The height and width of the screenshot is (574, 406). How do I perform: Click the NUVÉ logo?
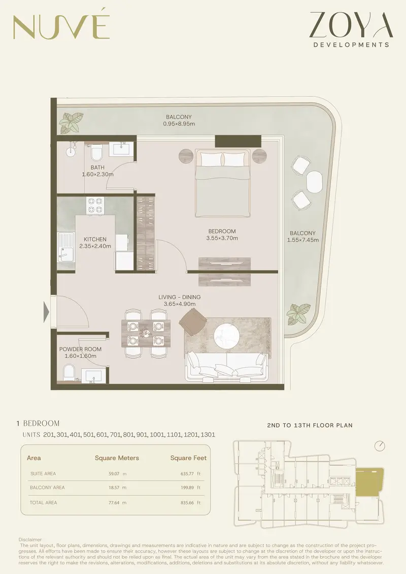[x=61, y=27]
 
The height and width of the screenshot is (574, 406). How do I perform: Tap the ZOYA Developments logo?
[x=351, y=29]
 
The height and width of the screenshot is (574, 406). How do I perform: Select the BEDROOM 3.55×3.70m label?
[x=222, y=234]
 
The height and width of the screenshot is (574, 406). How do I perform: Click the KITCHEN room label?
[x=95, y=239]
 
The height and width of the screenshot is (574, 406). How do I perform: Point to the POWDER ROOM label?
[x=80, y=349]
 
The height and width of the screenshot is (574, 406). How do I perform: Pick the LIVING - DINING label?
[x=179, y=297]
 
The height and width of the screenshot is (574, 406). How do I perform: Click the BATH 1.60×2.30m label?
[x=97, y=171]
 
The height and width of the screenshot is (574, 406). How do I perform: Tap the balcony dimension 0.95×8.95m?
[x=179, y=124]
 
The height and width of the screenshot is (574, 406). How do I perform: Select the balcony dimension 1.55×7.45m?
[x=302, y=240]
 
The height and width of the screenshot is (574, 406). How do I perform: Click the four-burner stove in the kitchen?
[x=95, y=206]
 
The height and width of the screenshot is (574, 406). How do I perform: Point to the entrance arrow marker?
[x=46, y=312]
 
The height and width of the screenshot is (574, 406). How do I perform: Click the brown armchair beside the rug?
[x=193, y=321]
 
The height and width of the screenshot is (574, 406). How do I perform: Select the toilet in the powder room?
[x=69, y=374]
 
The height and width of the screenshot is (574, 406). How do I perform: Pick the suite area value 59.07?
[x=114, y=474]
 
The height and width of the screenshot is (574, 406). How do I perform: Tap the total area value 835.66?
[x=187, y=502]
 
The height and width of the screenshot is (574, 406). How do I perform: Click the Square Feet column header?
[x=188, y=458]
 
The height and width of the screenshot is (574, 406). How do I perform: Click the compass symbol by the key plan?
[x=380, y=446]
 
